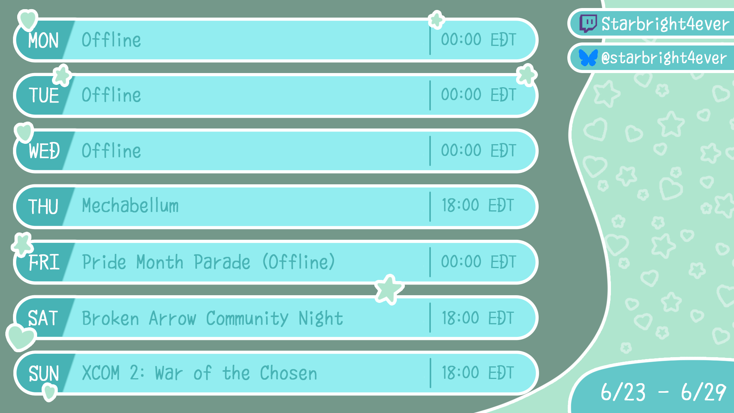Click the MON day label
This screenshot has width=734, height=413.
[43, 40]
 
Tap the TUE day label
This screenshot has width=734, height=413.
[44, 95]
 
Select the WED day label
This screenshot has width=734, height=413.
[44, 151]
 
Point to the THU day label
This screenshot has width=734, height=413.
[43, 206]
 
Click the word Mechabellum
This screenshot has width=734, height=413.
[130, 205]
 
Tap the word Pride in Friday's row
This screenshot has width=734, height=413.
[104, 262]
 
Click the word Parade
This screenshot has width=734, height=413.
[222, 262]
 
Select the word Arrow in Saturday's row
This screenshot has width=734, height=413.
[172, 318]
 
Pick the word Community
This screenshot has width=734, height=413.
[247, 319]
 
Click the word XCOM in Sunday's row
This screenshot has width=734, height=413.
[101, 373]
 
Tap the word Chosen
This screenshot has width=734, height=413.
[289, 373]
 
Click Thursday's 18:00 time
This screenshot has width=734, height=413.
[460, 205]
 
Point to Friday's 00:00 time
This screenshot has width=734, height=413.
[461, 262]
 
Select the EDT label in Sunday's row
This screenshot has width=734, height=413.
[501, 373]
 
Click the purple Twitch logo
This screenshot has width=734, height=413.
[588, 24]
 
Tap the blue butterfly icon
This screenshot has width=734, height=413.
[588, 58]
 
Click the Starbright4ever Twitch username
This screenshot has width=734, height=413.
[665, 24]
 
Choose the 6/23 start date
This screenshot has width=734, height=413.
[623, 392]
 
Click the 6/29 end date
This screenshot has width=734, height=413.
[703, 392]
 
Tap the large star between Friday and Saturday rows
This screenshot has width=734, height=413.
[389, 289]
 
